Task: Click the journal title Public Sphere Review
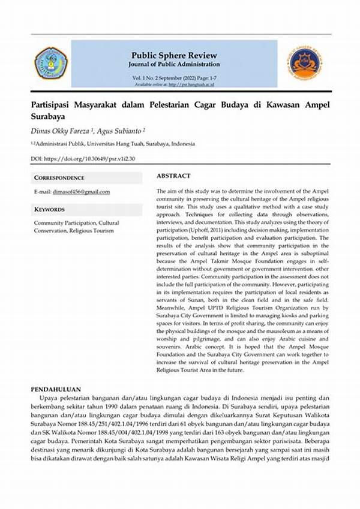(173, 54)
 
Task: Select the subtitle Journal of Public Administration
(173, 64)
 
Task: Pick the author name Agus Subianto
(122, 129)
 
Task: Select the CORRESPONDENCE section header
(59, 178)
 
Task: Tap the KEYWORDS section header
(50, 210)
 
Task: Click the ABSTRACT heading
(173, 176)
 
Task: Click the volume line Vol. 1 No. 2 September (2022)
(173, 79)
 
